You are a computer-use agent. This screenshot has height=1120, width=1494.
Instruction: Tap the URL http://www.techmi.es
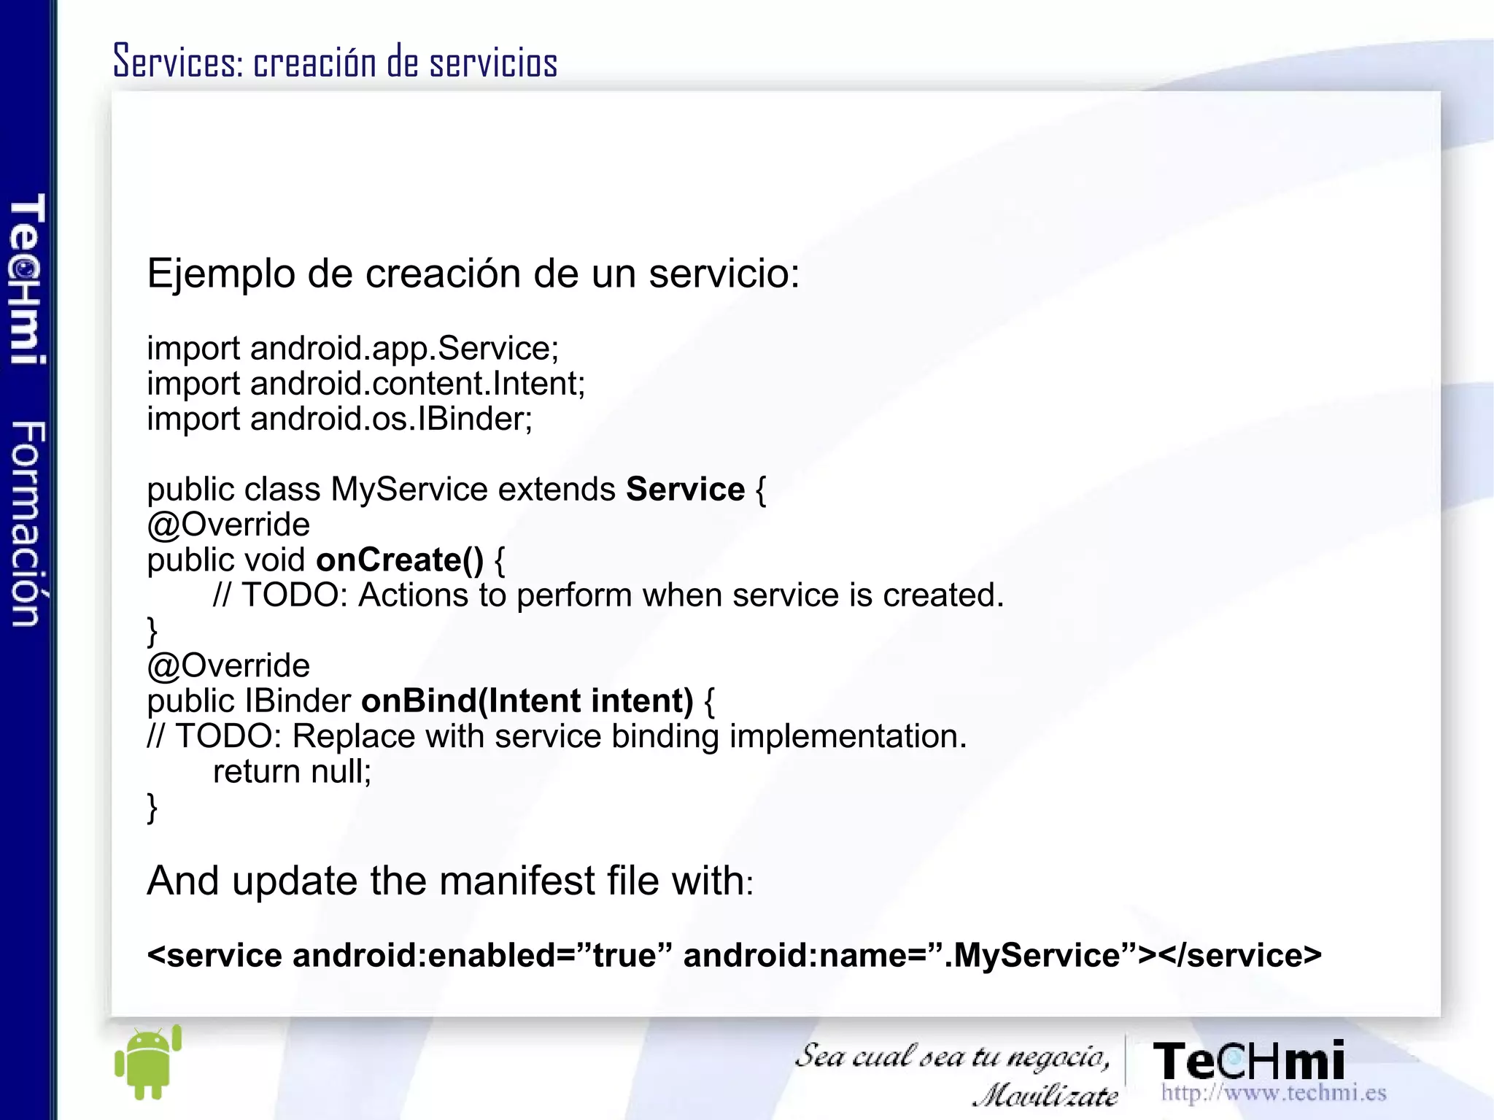pyautogui.click(x=1273, y=1092)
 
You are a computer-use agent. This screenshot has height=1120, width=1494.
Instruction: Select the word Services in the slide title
pyautogui.click(x=177, y=61)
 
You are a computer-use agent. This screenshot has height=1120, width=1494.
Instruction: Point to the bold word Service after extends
pyautogui.click(x=685, y=489)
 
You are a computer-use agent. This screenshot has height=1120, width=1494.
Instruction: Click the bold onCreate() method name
pyautogui.click(x=400, y=560)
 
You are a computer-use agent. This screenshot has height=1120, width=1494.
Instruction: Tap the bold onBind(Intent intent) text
pyautogui.click(x=527, y=700)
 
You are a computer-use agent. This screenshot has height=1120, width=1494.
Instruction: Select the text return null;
pyautogui.click(x=292, y=771)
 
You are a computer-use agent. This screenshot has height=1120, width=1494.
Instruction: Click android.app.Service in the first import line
pyautogui.click(x=404, y=348)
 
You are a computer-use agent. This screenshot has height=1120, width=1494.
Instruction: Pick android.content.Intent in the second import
pyautogui.click(x=417, y=384)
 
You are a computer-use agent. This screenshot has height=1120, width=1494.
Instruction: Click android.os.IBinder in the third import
pyautogui.click(x=391, y=419)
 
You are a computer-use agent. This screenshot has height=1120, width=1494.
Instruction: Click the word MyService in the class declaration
pyautogui.click(x=409, y=489)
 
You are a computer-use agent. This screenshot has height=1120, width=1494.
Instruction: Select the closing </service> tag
pyautogui.click(x=1239, y=955)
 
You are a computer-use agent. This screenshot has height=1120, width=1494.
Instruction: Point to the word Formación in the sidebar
pyautogui.click(x=28, y=524)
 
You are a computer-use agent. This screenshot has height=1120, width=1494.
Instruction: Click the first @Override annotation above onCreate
pyautogui.click(x=228, y=525)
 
